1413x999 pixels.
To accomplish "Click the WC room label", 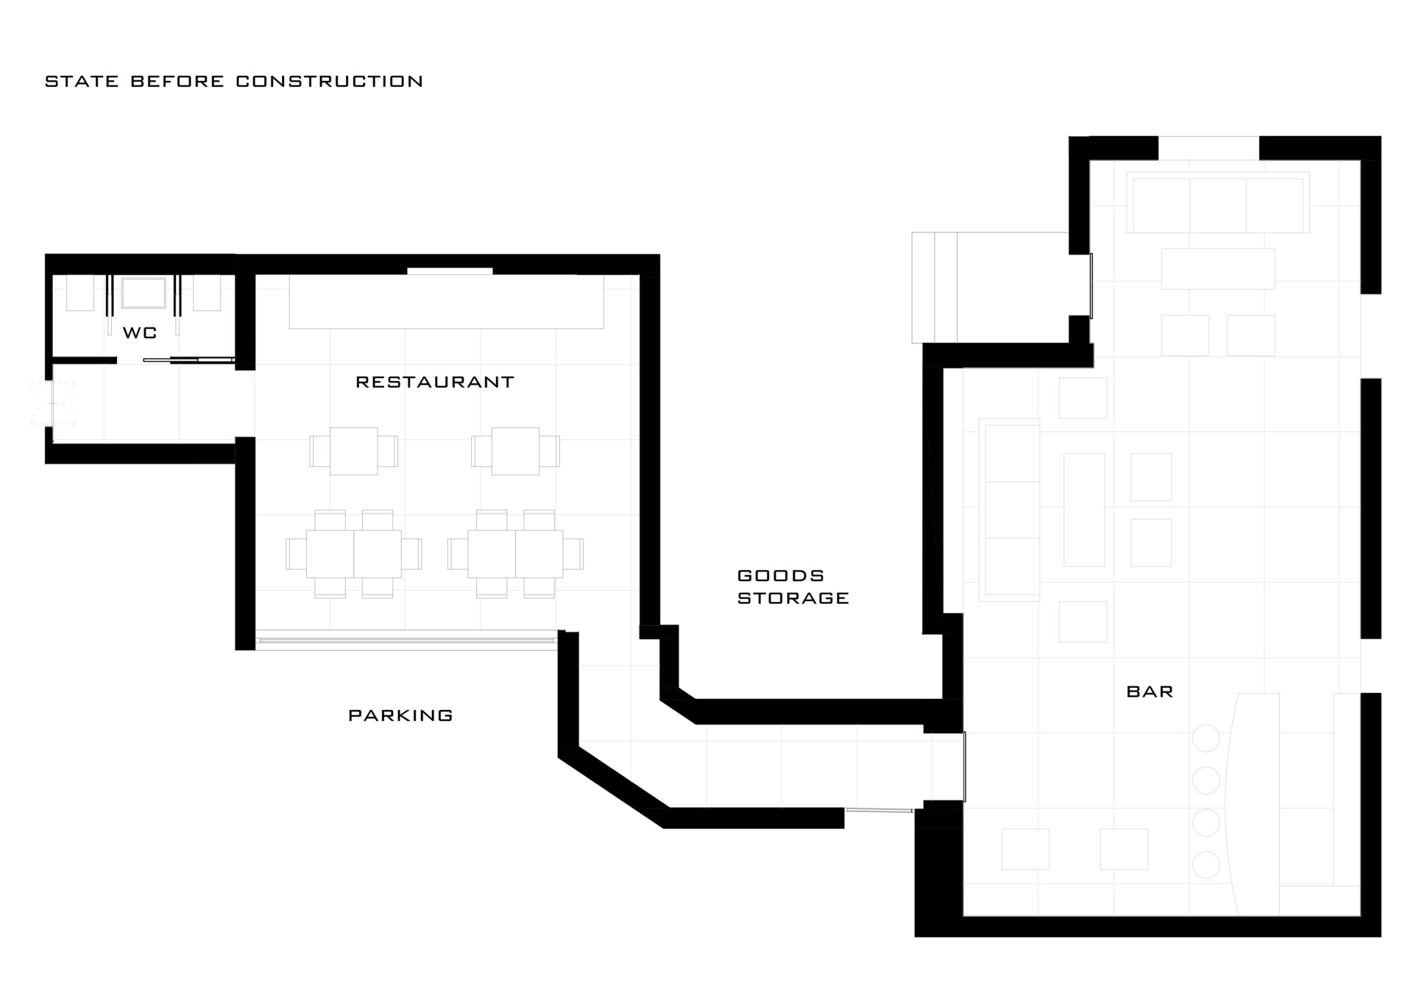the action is [x=140, y=333].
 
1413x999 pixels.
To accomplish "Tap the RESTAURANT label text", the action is [x=435, y=382].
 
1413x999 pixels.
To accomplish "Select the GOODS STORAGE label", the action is [x=793, y=586].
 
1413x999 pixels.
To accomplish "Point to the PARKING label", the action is [x=400, y=715].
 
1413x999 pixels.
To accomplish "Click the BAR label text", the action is [x=1150, y=692].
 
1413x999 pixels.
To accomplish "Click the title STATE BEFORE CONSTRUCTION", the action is [x=234, y=81].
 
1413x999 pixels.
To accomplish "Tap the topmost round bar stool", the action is [x=1205, y=739].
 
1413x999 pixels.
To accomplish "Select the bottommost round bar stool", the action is [x=1205, y=864].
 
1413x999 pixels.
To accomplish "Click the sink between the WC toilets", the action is [x=144, y=293].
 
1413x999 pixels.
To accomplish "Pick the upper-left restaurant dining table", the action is [x=354, y=451].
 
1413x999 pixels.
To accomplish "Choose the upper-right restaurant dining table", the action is [x=515, y=451].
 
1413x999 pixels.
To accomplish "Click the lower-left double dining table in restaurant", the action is [x=354, y=554].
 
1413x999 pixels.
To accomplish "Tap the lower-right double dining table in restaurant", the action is [x=515, y=554].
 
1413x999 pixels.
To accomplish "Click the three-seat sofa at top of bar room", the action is [x=1218, y=203].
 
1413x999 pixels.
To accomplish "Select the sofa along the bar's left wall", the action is [x=1009, y=510].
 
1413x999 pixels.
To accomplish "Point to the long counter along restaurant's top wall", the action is [x=447, y=302].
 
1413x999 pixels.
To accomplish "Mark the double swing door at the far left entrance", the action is [x=43, y=404].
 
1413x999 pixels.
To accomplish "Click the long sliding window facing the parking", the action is [x=406, y=640].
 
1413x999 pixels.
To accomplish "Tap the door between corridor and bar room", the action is [x=964, y=767].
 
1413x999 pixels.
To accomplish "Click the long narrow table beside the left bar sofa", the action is [x=1084, y=510].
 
